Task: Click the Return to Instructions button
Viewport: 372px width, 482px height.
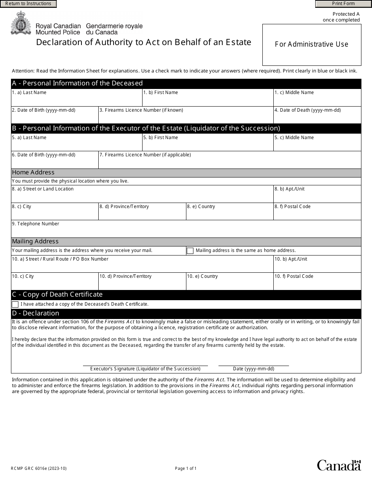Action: pyautogui.click(x=28, y=4)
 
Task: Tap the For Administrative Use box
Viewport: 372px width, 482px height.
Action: pyautogui.click(x=311, y=45)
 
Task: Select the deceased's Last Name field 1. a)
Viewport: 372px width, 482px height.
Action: pyautogui.click(x=76, y=100)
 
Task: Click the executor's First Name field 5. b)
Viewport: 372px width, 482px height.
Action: pyautogui.click(x=208, y=145)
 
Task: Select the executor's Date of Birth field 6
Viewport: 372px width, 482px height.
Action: pyautogui.click(x=54, y=162)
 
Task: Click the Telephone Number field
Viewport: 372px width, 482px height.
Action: pyautogui.click(x=186, y=231)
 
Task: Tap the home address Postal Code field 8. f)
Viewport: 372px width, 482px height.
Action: pyautogui.click(x=317, y=213)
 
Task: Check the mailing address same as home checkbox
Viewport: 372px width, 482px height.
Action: pyautogui.click(x=190, y=251)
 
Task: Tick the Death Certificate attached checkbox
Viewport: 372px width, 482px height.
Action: pyautogui.click(x=15, y=304)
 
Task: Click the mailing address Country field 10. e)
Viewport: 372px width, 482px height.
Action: pyautogui.click(x=229, y=283)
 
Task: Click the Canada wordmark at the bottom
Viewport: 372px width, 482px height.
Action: pyautogui.click(x=339, y=465)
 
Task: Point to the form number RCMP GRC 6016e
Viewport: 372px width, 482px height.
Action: pyautogui.click(x=36, y=468)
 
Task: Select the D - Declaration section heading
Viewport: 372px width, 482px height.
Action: pyautogui.click(x=36, y=313)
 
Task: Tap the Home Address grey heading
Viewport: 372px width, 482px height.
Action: pyautogui.click(x=33, y=173)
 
